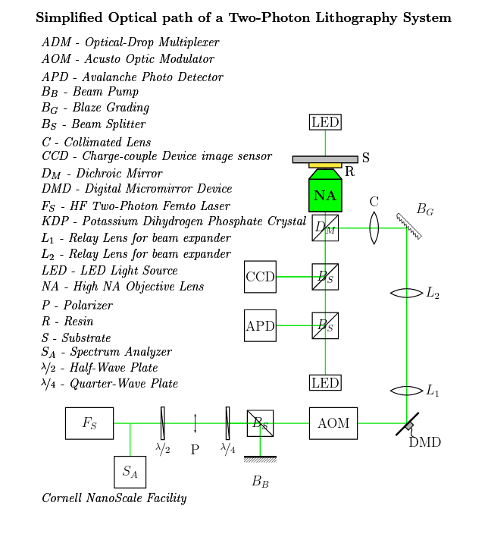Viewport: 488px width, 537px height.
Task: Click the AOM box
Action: click(333, 423)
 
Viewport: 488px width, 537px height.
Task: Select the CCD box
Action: click(260, 277)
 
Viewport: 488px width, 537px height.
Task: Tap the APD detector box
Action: click(260, 325)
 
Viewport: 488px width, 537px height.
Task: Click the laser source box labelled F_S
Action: click(89, 423)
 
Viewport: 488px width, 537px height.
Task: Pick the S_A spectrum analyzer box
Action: click(130, 472)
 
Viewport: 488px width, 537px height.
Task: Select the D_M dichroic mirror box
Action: click(325, 228)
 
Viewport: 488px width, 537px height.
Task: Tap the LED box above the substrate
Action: click(325, 122)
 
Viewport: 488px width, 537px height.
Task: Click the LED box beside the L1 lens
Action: click(325, 382)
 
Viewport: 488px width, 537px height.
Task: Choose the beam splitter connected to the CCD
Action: click(325, 277)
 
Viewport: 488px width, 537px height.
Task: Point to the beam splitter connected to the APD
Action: click(325, 325)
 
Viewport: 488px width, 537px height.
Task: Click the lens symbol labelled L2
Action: click(407, 294)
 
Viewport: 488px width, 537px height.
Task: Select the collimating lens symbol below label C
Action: click(374, 228)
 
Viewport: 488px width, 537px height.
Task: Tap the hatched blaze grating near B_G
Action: click(409, 226)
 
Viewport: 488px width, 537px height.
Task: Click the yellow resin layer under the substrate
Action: click(325, 166)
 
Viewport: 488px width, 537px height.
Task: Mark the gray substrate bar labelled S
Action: click(325, 159)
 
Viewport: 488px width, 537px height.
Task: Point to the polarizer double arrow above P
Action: click(195, 423)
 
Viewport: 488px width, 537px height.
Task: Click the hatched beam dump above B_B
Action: click(260, 460)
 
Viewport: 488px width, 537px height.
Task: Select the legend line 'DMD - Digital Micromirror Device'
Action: click(137, 189)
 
